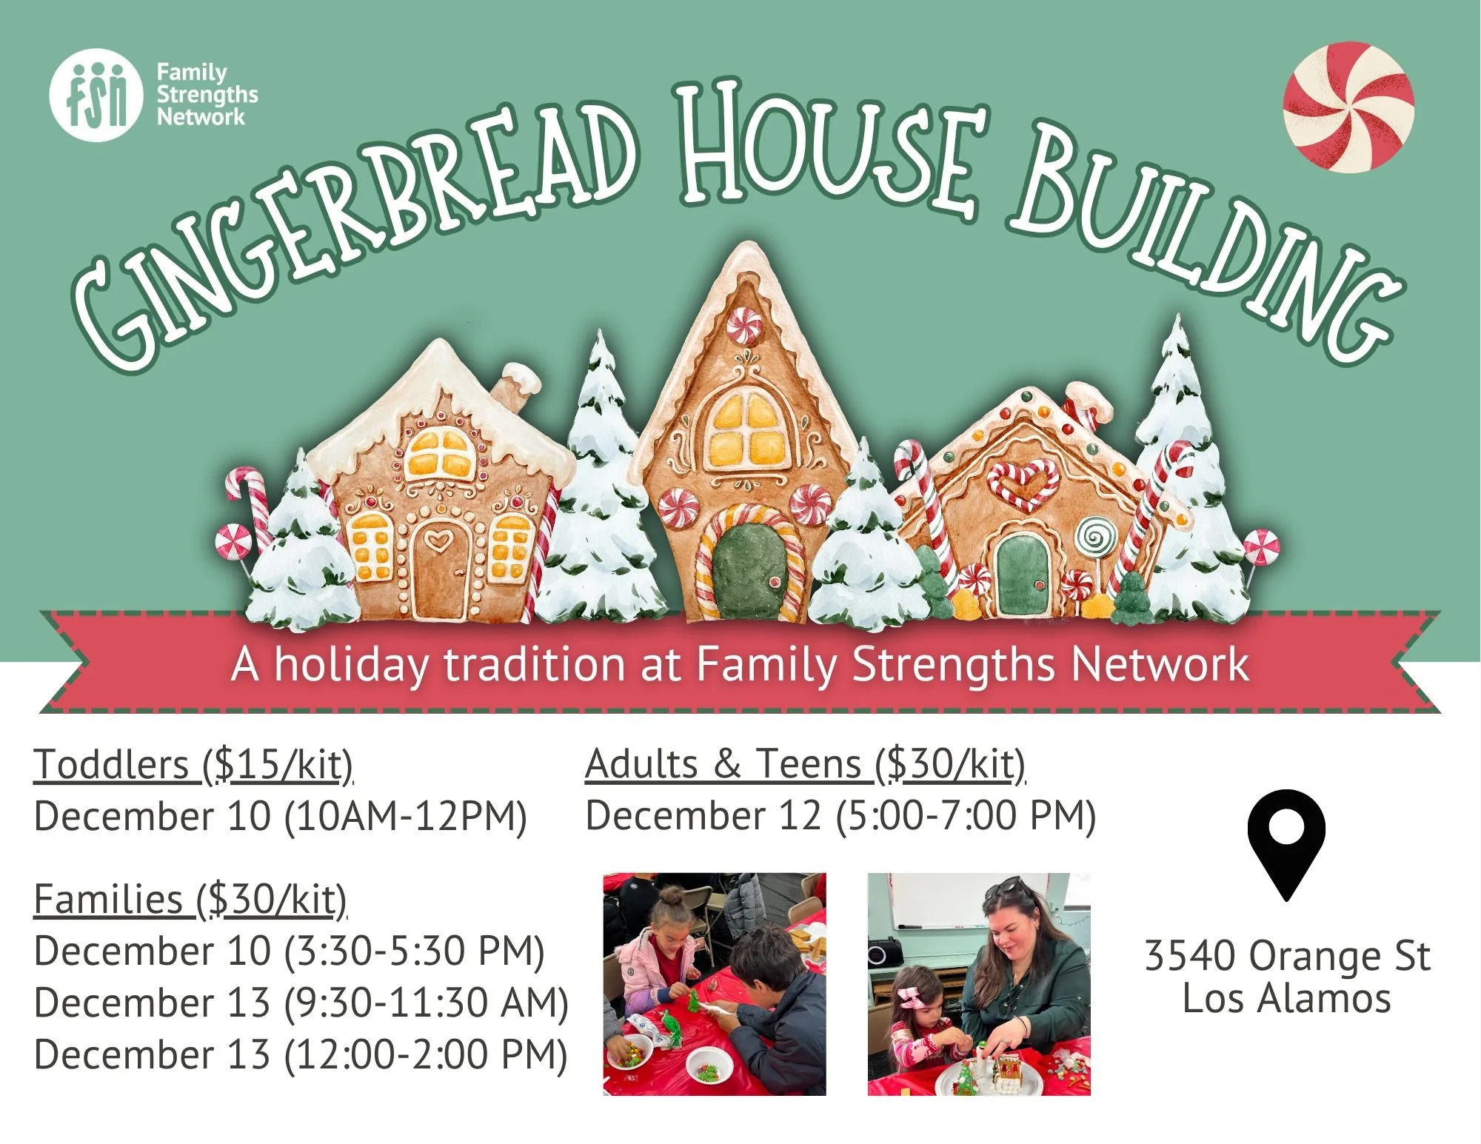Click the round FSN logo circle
[x=96, y=95]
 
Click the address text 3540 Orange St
[x=1287, y=955]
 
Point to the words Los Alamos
[x=1287, y=998]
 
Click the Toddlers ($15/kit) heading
[x=193, y=764]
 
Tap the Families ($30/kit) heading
[x=190, y=900]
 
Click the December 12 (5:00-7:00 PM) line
[x=840, y=815]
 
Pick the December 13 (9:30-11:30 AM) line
[x=301, y=1003]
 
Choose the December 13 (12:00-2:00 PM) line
[x=301, y=1054]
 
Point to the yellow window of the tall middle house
[x=746, y=429]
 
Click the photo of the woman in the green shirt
[x=979, y=984]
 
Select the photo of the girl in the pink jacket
[x=715, y=984]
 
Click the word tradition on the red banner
[x=534, y=664]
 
